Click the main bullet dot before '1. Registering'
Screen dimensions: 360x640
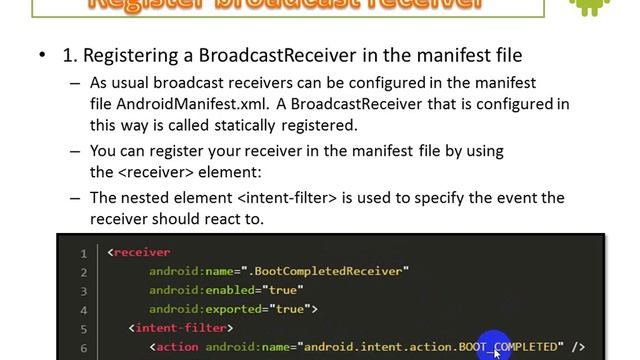[42, 55]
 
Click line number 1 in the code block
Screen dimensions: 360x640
[84, 253]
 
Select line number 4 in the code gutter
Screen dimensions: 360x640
[84, 309]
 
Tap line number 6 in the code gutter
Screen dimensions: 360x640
[84, 346]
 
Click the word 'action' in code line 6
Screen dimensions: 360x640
[177, 346]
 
